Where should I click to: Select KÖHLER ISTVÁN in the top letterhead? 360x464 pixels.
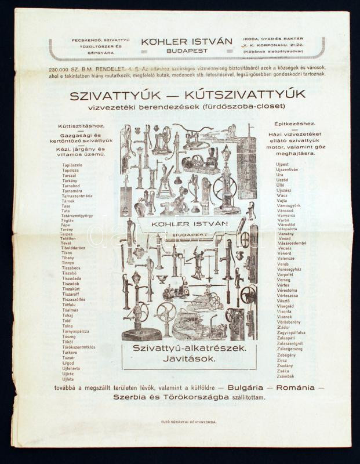pos(187,42)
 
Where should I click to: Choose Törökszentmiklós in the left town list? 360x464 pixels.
pos(79,347)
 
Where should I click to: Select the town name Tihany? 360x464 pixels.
pos(68,258)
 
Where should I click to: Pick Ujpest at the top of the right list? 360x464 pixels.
pos(283,164)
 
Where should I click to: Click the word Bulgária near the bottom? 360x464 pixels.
pos(245,387)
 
